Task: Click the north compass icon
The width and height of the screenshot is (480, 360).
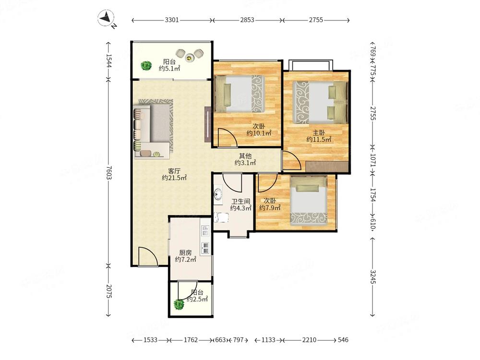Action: [106, 18]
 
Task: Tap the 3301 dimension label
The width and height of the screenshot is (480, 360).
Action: [172, 20]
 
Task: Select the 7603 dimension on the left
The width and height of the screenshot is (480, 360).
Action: [109, 173]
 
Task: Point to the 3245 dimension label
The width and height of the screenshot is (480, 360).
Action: [372, 276]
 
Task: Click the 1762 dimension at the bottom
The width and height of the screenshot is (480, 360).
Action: [191, 340]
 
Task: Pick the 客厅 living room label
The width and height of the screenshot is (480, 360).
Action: [174, 170]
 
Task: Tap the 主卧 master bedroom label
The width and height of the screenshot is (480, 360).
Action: [319, 132]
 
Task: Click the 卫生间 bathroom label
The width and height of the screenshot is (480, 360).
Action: [240, 202]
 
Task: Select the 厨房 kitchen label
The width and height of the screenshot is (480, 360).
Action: [185, 252]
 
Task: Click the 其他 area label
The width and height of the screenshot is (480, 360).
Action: [245, 156]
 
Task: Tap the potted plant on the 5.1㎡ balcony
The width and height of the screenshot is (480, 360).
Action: [146, 65]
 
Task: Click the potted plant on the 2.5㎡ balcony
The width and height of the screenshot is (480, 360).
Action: [179, 304]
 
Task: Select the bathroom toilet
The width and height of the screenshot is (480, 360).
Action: [221, 217]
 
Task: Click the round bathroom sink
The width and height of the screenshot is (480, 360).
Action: [218, 194]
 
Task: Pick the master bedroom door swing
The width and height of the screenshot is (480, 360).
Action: [292, 160]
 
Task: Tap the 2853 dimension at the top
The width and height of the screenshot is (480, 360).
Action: [247, 20]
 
